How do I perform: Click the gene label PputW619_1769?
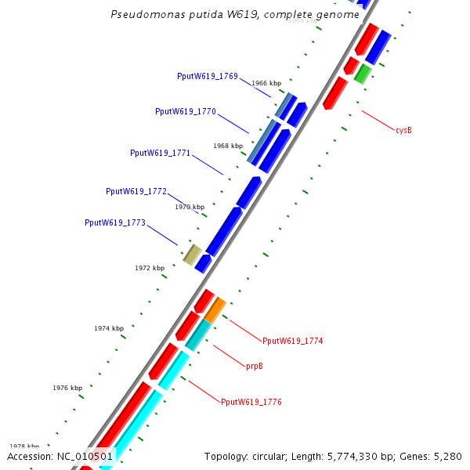point(208,76)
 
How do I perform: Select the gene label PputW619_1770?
point(186,111)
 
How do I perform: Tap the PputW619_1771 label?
point(161,153)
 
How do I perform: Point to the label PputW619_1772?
point(136,191)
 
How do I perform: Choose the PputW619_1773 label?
point(115,222)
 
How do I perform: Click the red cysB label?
point(403,130)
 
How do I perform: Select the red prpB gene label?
point(255,366)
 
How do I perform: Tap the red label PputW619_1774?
point(292,341)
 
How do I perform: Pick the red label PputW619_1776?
point(251,402)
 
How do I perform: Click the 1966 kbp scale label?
point(266,83)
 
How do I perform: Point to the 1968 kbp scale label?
point(228,146)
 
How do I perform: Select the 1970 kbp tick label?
point(190,207)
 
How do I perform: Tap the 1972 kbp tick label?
point(150,268)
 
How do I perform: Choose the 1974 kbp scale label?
point(109,328)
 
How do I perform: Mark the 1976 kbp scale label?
point(67,388)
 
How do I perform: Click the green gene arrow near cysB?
point(362,74)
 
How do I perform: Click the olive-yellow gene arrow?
point(192,254)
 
